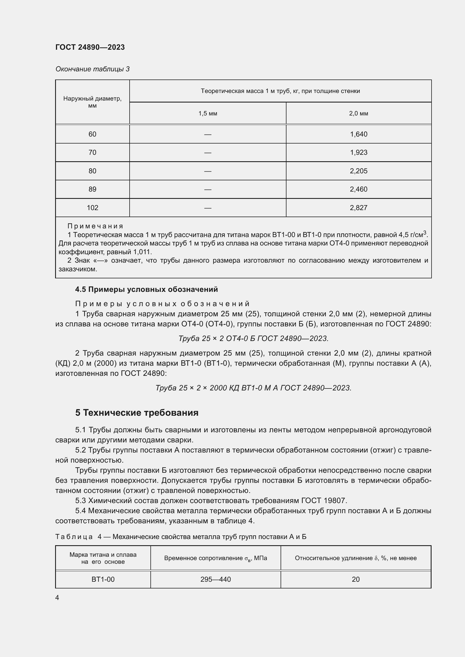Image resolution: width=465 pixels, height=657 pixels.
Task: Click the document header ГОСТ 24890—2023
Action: pos(90,47)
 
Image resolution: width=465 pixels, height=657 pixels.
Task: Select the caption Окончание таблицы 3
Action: pos(92,69)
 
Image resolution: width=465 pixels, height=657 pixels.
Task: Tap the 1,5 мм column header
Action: pos(207,113)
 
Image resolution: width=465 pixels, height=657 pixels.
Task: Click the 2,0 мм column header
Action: pos(358,113)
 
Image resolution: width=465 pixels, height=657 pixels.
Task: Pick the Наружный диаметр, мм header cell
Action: pos(92,102)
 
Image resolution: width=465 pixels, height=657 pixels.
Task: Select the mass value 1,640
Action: pos(358,134)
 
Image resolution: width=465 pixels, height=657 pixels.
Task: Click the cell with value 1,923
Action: pos(358,153)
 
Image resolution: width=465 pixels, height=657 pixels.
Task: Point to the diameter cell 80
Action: pos(92,171)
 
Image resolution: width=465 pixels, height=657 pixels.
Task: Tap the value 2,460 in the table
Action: pos(358,189)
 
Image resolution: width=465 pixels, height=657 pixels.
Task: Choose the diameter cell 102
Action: pos(92,208)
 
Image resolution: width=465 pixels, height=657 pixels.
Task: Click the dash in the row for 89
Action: pos(207,189)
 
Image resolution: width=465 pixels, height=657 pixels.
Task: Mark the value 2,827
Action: pos(358,208)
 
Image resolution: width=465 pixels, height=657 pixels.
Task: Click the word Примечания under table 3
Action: pos(95,226)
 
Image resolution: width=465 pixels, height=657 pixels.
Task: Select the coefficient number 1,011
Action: pos(142,252)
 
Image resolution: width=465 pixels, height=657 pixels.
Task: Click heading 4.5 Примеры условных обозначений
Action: pos(146,289)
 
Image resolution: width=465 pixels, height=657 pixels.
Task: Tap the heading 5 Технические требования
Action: pos(137,413)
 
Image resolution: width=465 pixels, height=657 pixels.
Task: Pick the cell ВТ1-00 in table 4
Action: pos(103,579)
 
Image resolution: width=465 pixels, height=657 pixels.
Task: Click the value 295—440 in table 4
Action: pos(215,579)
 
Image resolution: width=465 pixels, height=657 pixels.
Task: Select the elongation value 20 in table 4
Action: pos(356,579)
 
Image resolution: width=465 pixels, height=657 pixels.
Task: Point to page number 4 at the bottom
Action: pos(57,597)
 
